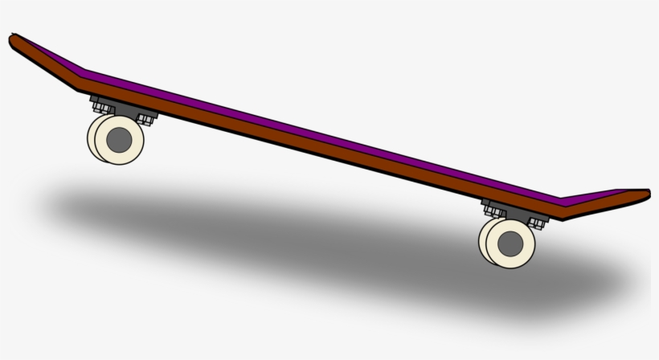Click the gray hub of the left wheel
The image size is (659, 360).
119,138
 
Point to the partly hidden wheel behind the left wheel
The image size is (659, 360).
93,138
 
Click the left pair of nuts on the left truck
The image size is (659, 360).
100,105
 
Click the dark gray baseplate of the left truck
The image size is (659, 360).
125,110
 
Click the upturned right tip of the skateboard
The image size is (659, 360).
643,194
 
